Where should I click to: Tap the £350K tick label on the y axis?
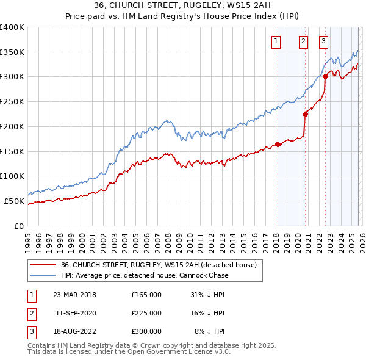tap(12, 52)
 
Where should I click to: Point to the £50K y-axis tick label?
tap(14, 201)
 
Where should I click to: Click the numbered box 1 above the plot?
tap(276, 41)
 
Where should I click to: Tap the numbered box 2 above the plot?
tap(303, 41)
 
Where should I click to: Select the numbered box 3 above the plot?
tap(323, 41)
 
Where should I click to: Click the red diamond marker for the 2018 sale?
tap(278, 144)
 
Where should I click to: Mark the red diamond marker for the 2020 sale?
tap(305, 113)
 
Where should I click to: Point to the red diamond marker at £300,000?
tap(325, 76)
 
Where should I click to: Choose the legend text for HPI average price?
tap(145, 275)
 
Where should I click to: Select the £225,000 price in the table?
tap(146, 313)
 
